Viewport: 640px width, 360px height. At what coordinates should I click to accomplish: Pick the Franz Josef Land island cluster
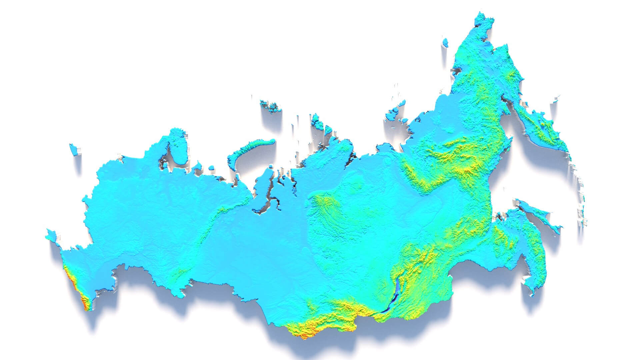coord(270,105)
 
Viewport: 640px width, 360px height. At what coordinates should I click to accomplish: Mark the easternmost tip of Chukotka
coord(483,20)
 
